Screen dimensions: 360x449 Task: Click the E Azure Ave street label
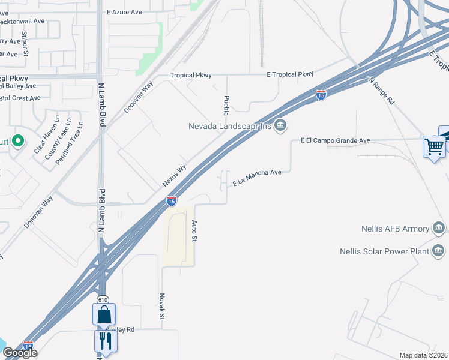[x=124, y=11]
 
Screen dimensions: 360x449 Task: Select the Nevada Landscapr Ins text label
[x=229, y=125]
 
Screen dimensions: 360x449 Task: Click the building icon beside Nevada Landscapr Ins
[x=280, y=125]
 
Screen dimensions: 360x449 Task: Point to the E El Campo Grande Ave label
[x=335, y=141]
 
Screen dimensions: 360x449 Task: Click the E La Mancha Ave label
[x=257, y=178]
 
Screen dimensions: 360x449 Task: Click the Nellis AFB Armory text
[x=396, y=229]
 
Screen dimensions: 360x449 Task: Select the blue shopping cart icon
[x=434, y=146]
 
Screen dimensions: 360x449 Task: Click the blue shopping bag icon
[x=104, y=314]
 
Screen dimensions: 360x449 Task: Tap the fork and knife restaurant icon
[x=105, y=341]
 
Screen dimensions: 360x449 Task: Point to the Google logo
[x=20, y=353]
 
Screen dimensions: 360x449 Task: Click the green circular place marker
[x=18, y=142]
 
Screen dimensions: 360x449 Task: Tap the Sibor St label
[x=25, y=44]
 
